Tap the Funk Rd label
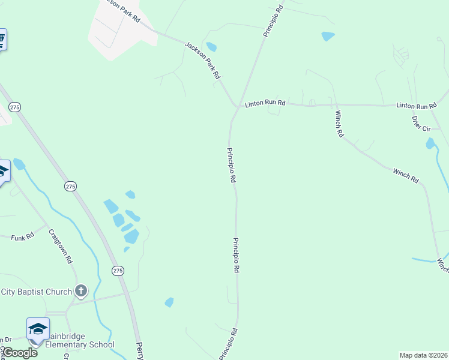23,238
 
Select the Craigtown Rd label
61,247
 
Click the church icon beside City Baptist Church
81,292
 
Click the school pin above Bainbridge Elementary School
37,329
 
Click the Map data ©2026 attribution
423,355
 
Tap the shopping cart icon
1,40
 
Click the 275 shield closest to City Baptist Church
118,271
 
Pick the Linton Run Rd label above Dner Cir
416,106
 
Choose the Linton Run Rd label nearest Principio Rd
265,104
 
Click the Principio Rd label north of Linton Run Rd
273,21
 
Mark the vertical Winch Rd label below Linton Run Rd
339,124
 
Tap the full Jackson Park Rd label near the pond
203,61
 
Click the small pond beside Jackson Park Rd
211,47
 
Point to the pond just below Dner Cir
430,143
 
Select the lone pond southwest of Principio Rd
169,302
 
